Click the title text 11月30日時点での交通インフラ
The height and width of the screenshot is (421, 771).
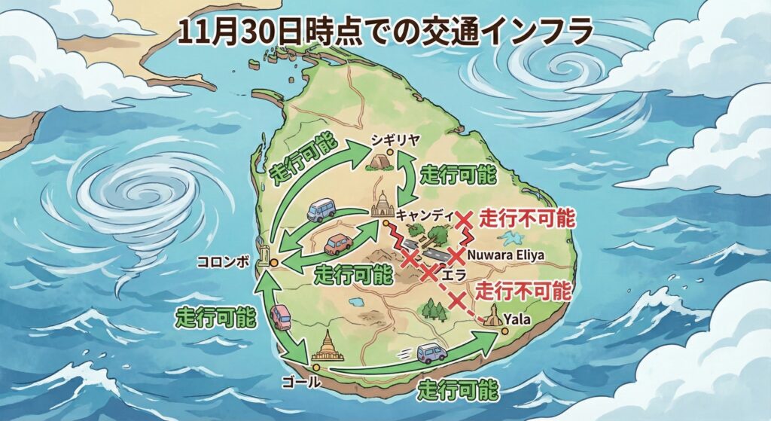tap(385, 32)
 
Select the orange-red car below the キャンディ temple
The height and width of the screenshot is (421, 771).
tap(338, 244)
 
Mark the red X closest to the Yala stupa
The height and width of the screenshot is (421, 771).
tap(457, 302)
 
